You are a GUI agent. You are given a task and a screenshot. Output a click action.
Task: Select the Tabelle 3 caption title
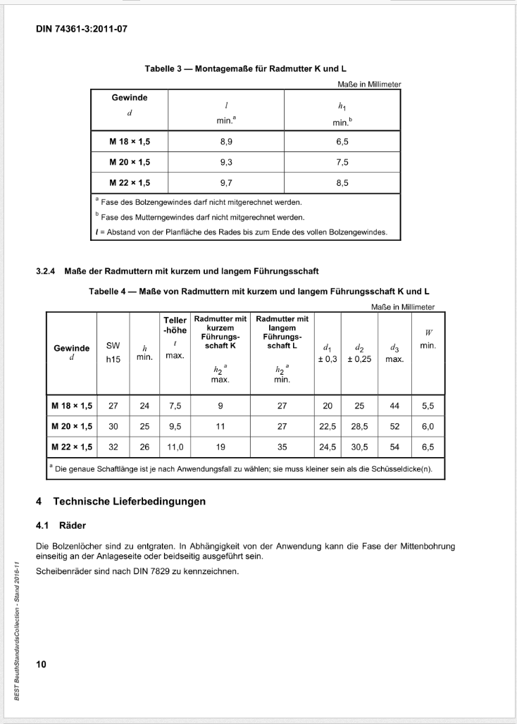tap(245, 69)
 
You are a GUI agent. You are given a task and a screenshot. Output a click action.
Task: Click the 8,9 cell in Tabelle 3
tap(223, 141)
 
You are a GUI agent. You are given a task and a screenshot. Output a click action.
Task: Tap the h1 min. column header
tap(342, 113)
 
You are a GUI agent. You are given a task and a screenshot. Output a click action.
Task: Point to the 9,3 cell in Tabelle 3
tap(223, 162)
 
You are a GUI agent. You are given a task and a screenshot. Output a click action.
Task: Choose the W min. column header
tap(428, 339)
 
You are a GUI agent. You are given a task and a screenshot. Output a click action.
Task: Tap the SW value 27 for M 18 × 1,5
tap(113, 406)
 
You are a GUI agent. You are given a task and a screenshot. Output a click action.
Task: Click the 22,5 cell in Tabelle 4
tap(328, 426)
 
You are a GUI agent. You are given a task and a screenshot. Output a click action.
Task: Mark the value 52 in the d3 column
tap(394, 426)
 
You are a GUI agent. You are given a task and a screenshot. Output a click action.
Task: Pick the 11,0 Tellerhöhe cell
tap(174, 447)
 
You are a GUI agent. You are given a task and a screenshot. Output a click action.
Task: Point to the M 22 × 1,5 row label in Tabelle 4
tap(72, 447)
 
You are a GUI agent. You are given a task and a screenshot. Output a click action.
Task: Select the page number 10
tap(41, 663)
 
